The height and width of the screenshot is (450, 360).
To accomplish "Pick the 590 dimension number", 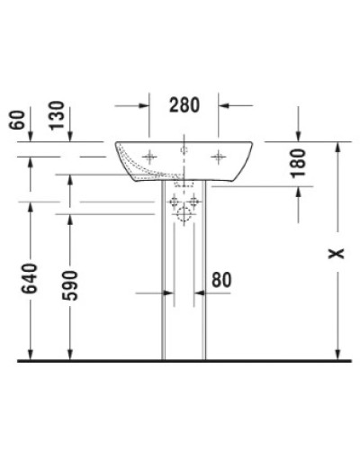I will tap(76, 285).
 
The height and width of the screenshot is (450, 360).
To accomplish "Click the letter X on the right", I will tap(335, 254).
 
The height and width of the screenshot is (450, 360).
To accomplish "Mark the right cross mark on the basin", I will tap(217, 157).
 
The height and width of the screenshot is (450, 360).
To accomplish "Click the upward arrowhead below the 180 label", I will tap(299, 192).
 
